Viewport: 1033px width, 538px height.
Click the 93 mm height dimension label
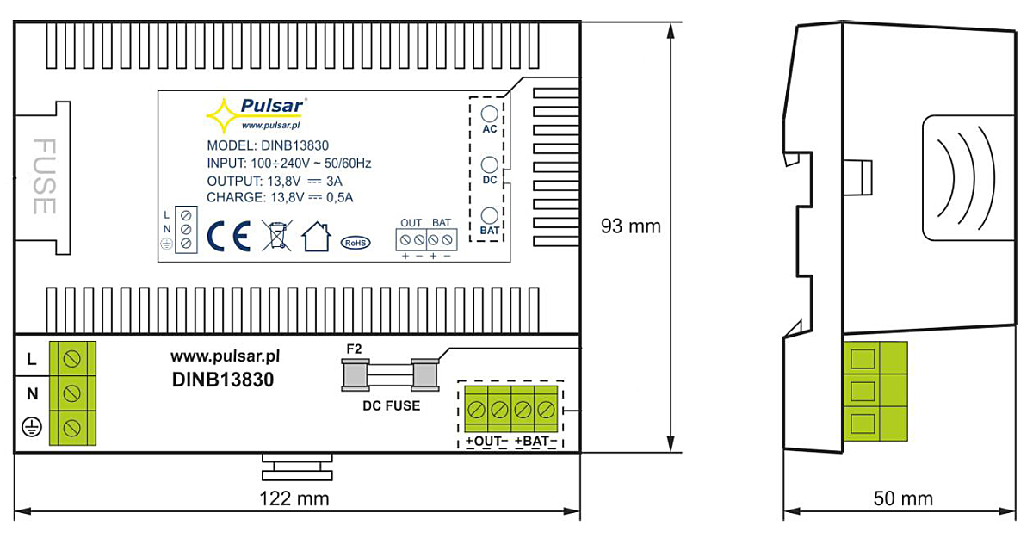pos(630,226)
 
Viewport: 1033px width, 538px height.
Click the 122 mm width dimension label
pos(294,498)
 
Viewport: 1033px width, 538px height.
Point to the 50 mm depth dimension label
pos(903,498)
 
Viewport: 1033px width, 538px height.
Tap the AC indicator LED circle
pos(489,114)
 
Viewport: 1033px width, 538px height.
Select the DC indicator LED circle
pos(489,164)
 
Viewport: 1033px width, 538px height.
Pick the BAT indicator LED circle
pos(489,215)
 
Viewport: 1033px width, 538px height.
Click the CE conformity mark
pos(229,236)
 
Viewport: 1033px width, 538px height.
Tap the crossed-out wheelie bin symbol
pos(276,235)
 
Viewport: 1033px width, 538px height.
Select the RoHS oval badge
pos(355,243)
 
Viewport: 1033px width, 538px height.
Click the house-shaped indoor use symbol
pos(317,237)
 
